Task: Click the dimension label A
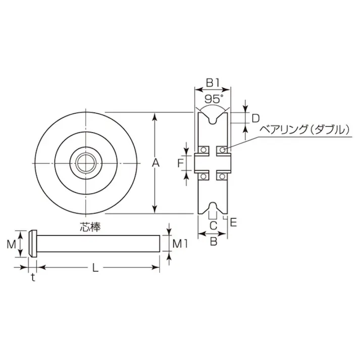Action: tap(156, 163)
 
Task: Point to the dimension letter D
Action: tap(255, 118)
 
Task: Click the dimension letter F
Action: tap(180, 163)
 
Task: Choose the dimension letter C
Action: tap(213, 225)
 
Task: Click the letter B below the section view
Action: tap(213, 241)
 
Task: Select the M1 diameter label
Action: tap(180, 244)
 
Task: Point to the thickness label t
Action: tap(33, 277)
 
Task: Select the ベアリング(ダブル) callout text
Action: tap(304, 130)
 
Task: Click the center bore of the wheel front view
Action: tap(86, 163)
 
